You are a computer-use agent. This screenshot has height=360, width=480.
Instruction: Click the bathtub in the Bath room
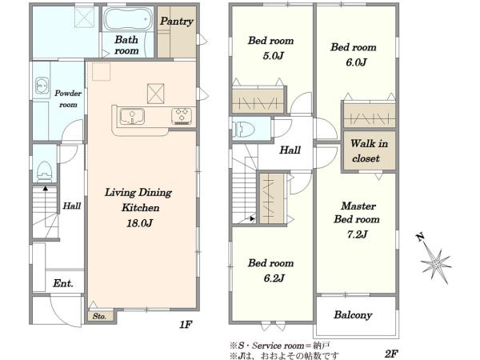(128, 18)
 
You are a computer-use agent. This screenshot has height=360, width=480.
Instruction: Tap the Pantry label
(177, 21)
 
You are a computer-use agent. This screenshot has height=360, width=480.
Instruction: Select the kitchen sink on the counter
(132, 117)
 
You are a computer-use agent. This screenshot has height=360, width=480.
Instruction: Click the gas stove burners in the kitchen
(182, 116)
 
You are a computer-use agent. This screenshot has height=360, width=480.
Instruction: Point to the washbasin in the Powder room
(42, 86)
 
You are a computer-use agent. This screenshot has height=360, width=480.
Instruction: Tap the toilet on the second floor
(243, 129)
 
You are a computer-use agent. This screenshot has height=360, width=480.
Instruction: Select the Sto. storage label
(99, 316)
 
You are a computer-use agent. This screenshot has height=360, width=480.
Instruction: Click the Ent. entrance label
(63, 283)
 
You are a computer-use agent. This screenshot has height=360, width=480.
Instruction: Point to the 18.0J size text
(139, 223)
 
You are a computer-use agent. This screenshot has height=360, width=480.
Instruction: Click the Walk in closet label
(369, 151)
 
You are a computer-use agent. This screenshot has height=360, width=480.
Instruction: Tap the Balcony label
(353, 315)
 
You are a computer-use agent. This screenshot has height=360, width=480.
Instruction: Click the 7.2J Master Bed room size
(357, 234)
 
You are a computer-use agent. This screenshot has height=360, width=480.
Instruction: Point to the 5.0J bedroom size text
(273, 56)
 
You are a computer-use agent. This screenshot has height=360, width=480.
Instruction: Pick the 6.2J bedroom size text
(274, 278)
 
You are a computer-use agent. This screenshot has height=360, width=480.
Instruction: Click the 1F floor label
(186, 324)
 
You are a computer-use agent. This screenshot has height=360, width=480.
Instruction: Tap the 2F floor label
(391, 354)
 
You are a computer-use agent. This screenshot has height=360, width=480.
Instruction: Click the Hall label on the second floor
(290, 150)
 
